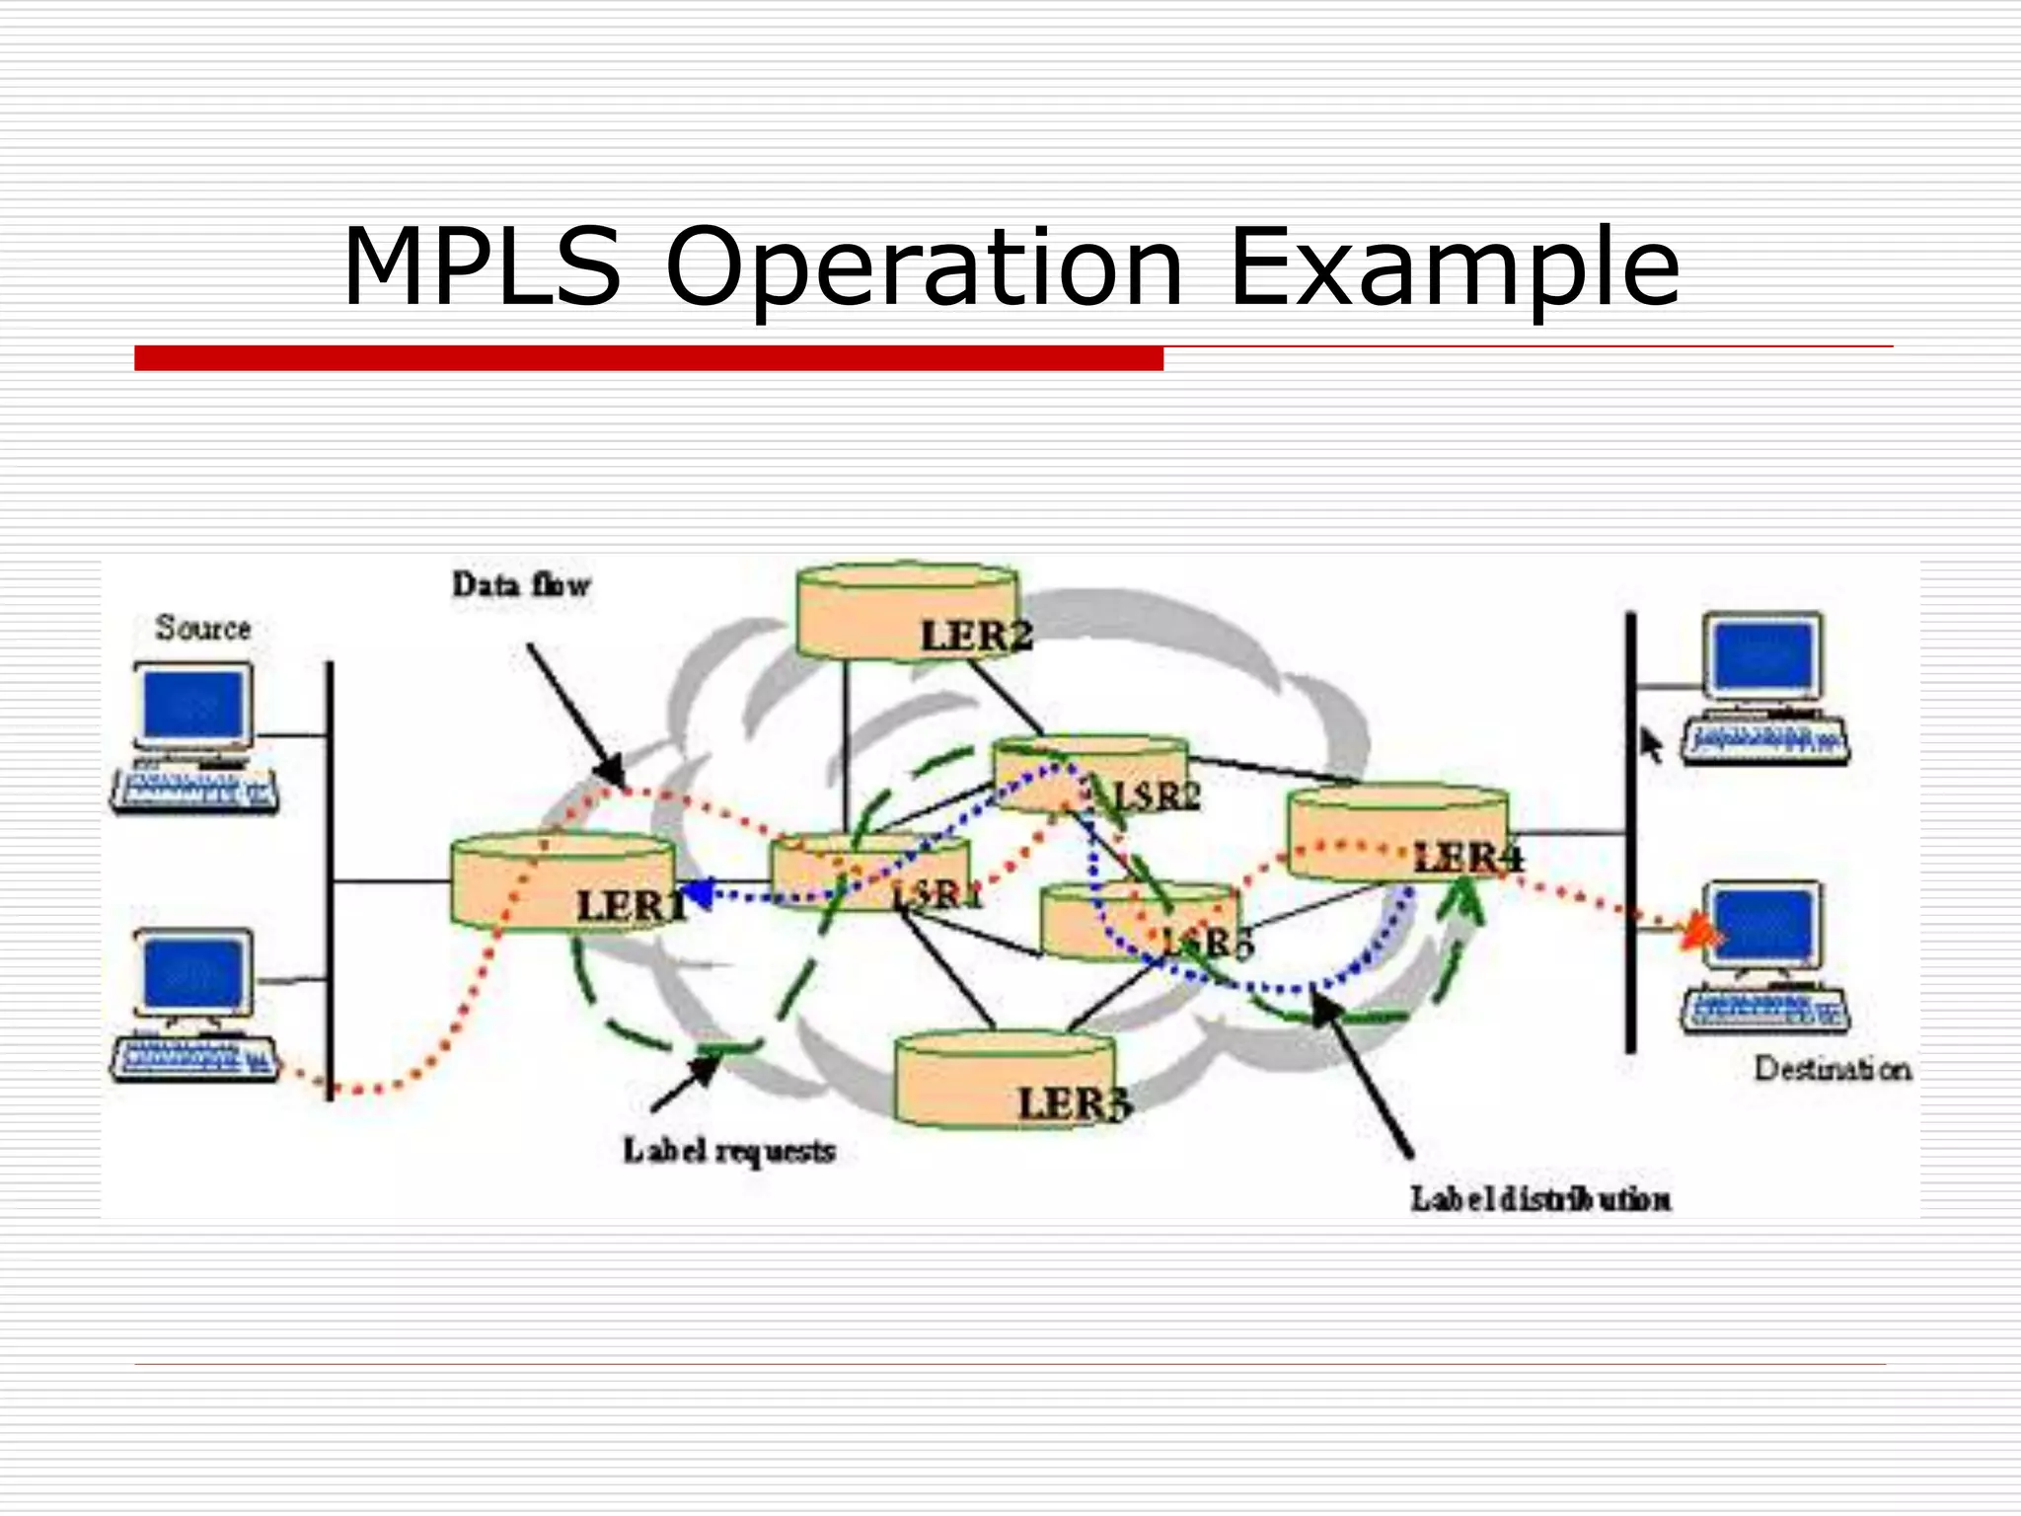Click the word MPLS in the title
point(482,267)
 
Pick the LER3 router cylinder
point(1005,1081)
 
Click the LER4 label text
point(1467,858)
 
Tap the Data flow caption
point(521,585)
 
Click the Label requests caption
point(728,1151)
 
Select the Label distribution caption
point(1540,1199)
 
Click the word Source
point(203,628)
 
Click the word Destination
point(1832,1069)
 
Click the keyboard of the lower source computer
point(193,1058)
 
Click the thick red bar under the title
point(648,358)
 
